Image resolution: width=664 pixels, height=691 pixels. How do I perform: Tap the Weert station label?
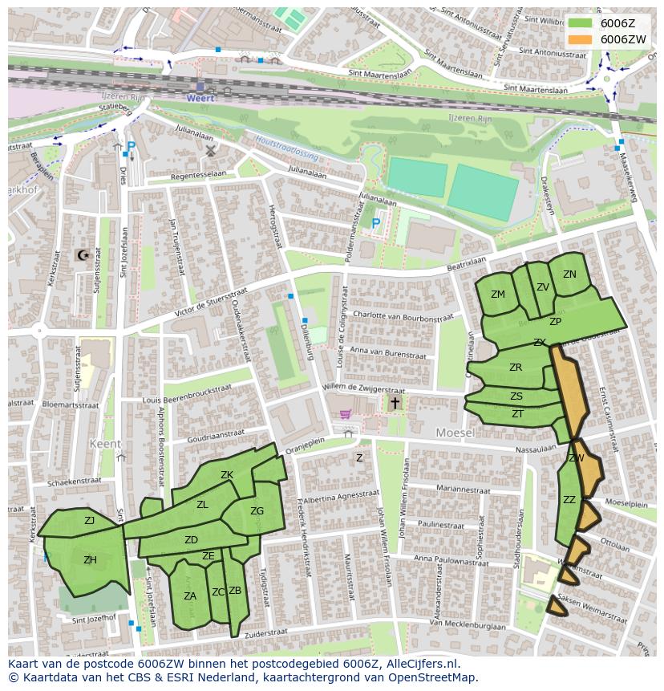pyautogui.click(x=201, y=97)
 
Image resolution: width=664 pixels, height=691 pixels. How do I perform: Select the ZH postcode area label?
pyautogui.click(x=90, y=560)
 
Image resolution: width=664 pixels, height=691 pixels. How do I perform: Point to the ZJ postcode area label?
pyautogui.click(x=90, y=521)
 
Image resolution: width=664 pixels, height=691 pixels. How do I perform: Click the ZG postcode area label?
pyautogui.click(x=257, y=511)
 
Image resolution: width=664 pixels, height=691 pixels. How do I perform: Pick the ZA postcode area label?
pyautogui.click(x=190, y=596)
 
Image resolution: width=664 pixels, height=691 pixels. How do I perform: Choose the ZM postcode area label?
pyautogui.click(x=498, y=295)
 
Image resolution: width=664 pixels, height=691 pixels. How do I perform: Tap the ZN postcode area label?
pyautogui.click(x=569, y=274)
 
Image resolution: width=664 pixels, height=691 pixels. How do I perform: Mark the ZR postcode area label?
pyautogui.click(x=516, y=368)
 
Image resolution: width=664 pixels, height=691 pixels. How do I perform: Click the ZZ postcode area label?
pyautogui.click(x=569, y=500)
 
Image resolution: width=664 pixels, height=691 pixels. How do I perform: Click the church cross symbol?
pyautogui.click(x=395, y=404)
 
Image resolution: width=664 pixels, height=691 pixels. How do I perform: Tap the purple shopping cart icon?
pyautogui.click(x=346, y=414)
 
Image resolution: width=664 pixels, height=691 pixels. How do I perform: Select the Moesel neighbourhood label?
pyautogui.click(x=455, y=433)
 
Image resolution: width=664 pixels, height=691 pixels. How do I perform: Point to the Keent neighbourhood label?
pyautogui.click(x=106, y=444)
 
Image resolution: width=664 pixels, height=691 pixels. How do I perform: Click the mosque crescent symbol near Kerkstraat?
pyautogui.click(x=81, y=255)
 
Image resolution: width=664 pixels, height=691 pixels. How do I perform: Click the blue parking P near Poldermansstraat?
pyautogui.click(x=375, y=224)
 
